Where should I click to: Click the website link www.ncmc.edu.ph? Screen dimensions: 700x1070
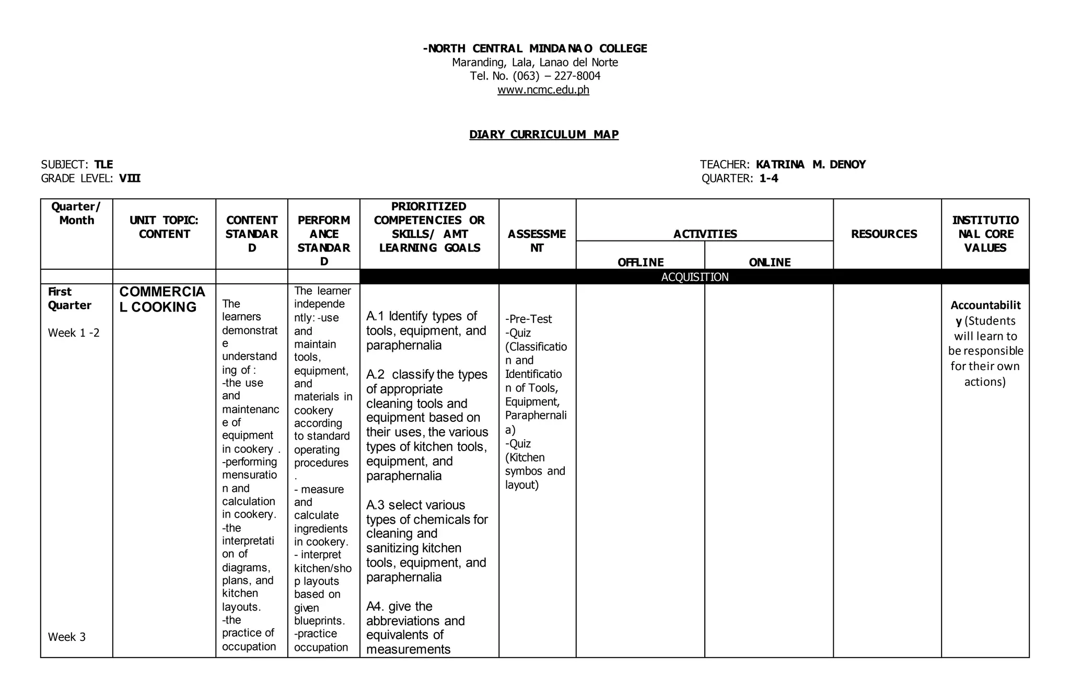[x=543, y=90]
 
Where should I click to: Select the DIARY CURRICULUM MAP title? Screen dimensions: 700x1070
[x=543, y=134]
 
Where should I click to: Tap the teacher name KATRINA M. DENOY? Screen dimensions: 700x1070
[x=810, y=165]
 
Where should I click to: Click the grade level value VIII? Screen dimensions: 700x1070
[x=130, y=178]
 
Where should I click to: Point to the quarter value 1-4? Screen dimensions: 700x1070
[x=769, y=178]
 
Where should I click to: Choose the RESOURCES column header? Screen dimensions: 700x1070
[x=884, y=234]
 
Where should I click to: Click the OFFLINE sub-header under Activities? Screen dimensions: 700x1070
[x=641, y=262]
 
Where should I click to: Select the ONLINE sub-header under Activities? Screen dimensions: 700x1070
[x=769, y=262]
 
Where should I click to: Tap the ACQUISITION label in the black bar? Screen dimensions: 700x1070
[x=694, y=277]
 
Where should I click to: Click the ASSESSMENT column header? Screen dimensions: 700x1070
[x=537, y=241]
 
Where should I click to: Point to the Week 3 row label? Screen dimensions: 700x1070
[x=67, y=637]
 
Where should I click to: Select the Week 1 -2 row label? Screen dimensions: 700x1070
[x=74, y=333]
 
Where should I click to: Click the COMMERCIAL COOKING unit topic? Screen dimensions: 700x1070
[x=162, y=299]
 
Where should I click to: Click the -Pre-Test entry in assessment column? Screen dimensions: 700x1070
[x=528, y=319]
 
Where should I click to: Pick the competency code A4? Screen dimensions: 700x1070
[x=375, y=606]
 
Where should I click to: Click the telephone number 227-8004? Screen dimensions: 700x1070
[x=577, y=76]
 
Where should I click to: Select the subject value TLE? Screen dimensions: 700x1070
[x=103, y=165]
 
